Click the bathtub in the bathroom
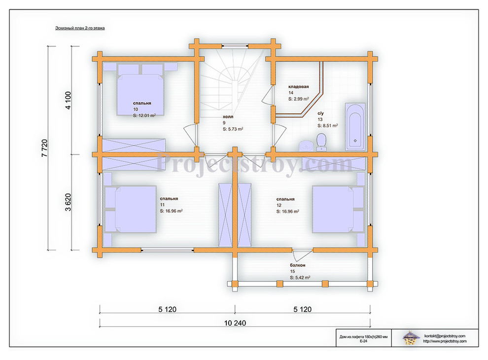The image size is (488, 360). [355, 127]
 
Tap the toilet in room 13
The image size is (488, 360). [321, 142]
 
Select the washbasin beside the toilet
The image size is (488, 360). [306, 146]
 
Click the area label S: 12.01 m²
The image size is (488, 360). [144, 115]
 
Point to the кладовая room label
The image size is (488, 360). [298, 87]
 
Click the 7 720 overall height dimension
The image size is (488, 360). [44, 148]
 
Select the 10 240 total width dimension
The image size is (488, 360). [235, 323]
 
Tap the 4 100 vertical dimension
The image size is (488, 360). [68, 100]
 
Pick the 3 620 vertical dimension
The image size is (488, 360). [68, 202]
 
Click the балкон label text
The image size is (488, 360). [298, 265]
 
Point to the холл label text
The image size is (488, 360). [228, 117]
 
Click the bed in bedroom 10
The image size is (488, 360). [140, 90]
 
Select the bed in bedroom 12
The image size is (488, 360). [338, 209]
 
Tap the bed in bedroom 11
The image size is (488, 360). [130, 209]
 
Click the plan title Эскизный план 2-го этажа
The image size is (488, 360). [80, 28]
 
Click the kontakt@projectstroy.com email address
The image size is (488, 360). [445, 336]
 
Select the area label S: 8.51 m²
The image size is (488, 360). [328, 125]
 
